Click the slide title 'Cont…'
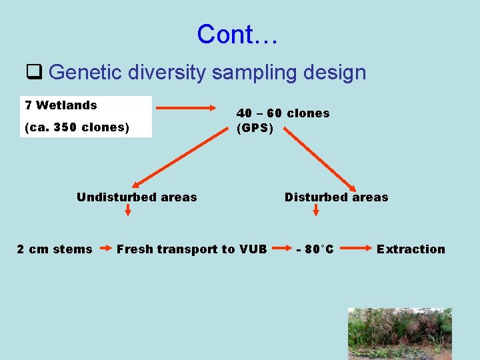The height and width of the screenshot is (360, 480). (x=237, y=34)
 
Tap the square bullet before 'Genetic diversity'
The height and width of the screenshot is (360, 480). (x=34, y=71)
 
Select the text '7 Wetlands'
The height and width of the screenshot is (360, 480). (x=61, y=105)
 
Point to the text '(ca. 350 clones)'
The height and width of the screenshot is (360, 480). (x=77, y=127)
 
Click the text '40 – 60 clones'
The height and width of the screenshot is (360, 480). (x=283, y=113)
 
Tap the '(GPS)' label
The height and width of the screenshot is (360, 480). (x=255, y=127)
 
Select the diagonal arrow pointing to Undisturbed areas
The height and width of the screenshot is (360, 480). (x=180, y=157)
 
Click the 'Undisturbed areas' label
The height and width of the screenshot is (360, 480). (x=137, y=197)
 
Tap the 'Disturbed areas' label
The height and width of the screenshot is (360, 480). (x=336, y=197)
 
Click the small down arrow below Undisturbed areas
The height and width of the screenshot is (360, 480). (x=128, y=211)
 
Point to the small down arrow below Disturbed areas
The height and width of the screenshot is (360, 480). (x=316, y=211)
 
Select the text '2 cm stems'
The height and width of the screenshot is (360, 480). (x=55, y=249)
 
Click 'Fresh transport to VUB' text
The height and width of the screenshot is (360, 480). (x=192, y=249)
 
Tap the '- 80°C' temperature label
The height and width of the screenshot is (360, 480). (x=315, y=249)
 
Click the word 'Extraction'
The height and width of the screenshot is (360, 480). (x=411, y=249)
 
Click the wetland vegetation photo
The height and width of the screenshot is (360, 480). (x=399, y=333)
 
